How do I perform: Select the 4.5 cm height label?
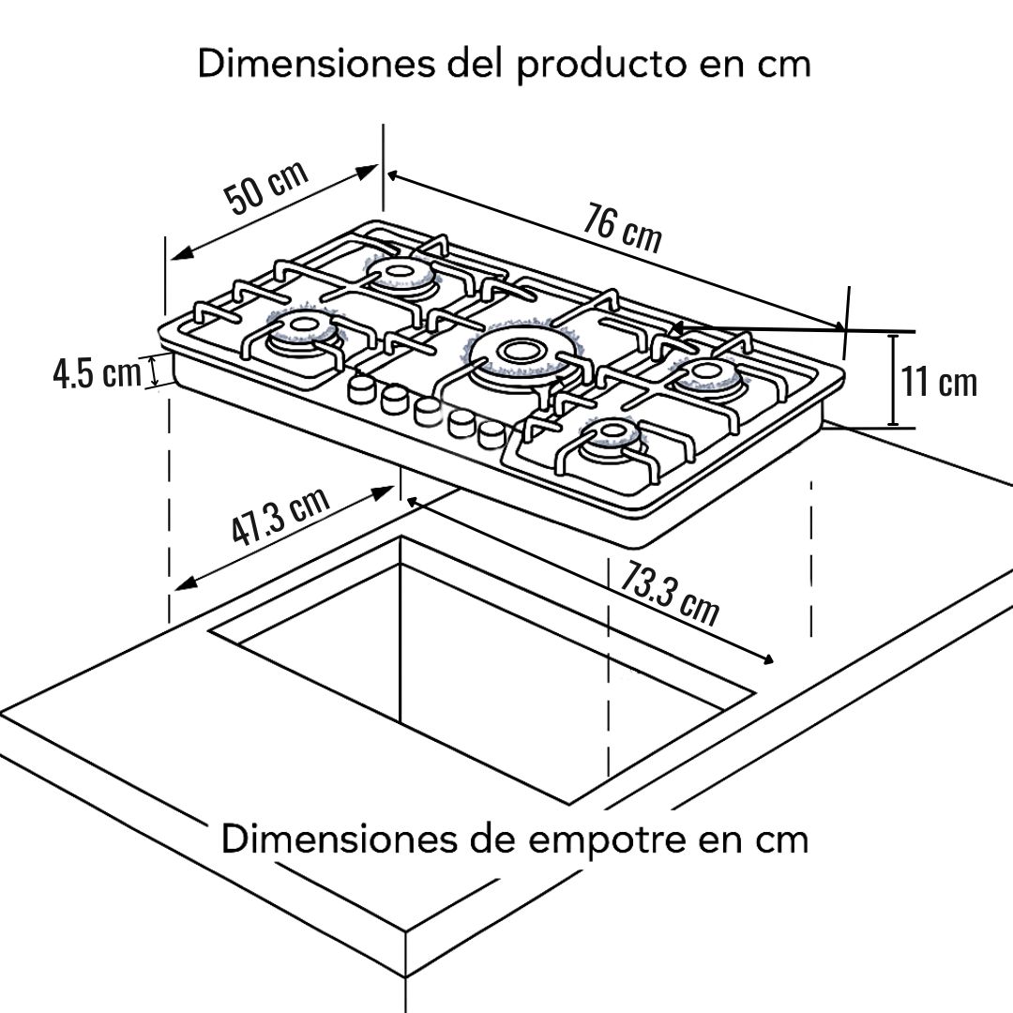point(97,374)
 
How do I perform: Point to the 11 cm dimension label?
point(939,382)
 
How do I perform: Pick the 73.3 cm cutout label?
point(670,593)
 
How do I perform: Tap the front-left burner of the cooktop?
point(301,331)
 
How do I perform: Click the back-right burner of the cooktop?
point(707,374)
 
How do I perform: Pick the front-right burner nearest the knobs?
point(612,435)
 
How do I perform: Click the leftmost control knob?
point(362,389)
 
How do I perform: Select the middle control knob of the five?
point(427,412)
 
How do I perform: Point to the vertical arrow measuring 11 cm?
point(893,380)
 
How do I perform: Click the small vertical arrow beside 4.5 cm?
point(154,372)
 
